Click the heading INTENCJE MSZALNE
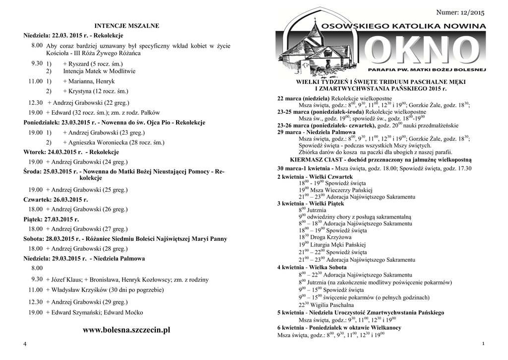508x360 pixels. click(x=127, y=25)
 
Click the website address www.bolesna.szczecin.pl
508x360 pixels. click(x=127, y=330)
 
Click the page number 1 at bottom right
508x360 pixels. click(x=483, y=344)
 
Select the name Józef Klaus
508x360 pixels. click(x=65, y=280)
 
